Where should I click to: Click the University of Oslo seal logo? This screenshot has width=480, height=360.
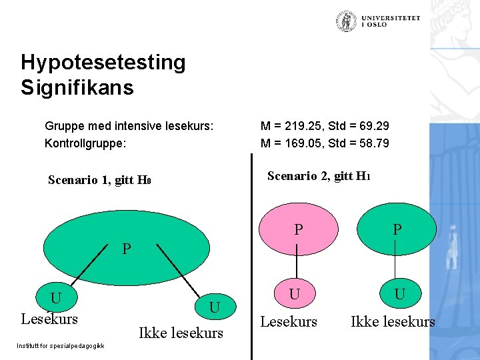(x=346, y=22)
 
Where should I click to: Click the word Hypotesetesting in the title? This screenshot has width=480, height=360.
(x=103, y=63)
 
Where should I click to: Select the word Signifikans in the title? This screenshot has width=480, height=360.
(x=77, y=87)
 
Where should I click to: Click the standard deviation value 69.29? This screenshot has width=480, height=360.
(x=374, y=126)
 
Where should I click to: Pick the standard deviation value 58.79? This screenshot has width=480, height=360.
(x=374, y=143)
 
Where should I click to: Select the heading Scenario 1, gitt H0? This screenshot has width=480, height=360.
(x=101, y=181)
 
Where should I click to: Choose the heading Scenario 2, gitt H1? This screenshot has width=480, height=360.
(x=319, y=177)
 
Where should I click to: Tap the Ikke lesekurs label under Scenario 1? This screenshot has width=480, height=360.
(x=181, y=333)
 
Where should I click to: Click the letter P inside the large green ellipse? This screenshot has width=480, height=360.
(x=127, y=249)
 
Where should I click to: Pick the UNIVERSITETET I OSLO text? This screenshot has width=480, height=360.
(x=391, y=21)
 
